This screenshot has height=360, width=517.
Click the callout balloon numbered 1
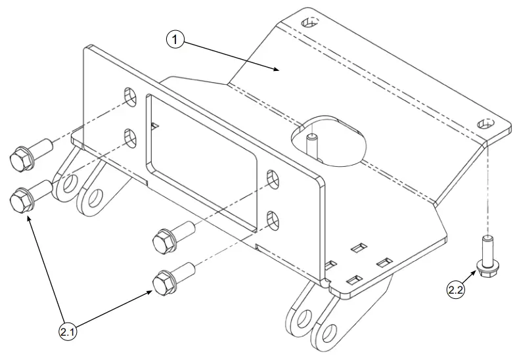175,39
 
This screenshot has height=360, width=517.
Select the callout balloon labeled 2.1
67,332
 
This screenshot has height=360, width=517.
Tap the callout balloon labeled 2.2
456,290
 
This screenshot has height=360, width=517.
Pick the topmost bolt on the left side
30,154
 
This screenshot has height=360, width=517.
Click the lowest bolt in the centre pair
173,279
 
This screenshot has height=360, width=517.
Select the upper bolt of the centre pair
174,237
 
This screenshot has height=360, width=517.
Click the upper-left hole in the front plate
130,97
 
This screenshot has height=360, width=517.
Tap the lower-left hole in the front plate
130,139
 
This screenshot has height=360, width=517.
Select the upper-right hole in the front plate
273,179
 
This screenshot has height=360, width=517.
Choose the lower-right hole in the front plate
273,221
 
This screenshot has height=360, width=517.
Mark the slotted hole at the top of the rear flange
310,22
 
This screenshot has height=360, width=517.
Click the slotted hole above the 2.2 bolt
486,124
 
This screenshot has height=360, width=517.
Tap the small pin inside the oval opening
311,145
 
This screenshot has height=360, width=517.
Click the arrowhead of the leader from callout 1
277,68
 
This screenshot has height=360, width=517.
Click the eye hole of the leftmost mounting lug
69,184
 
